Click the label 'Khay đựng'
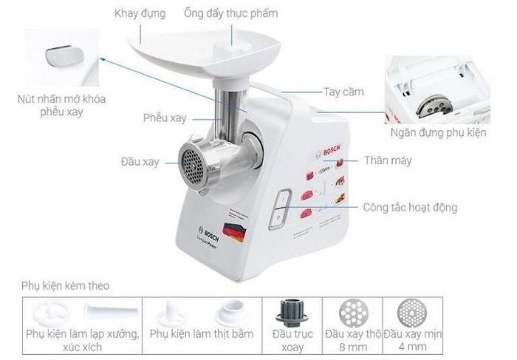click(x=140, y=14)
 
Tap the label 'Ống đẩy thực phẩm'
click(x=230, y=13)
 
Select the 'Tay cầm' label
click(x=344, y=92)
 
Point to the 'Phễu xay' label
click(x=165, y=118)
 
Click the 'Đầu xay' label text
click(x=140, y=162)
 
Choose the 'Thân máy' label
click(x=388, y=160)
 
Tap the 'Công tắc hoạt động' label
click(x=410, y=208)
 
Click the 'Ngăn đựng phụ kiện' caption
click(x=438, y=132)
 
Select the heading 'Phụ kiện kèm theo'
click(x=65, y=285)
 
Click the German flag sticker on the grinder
click(x=234, y=231)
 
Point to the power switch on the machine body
click(x=280, y=209)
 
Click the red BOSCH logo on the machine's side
click(x=331, y=151)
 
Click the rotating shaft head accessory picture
click(x=292, y=313)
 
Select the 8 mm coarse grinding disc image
click(x=353, y=312)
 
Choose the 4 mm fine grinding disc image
click(x=412, y=312)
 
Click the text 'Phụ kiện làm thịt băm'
click(x=202, y=334)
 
